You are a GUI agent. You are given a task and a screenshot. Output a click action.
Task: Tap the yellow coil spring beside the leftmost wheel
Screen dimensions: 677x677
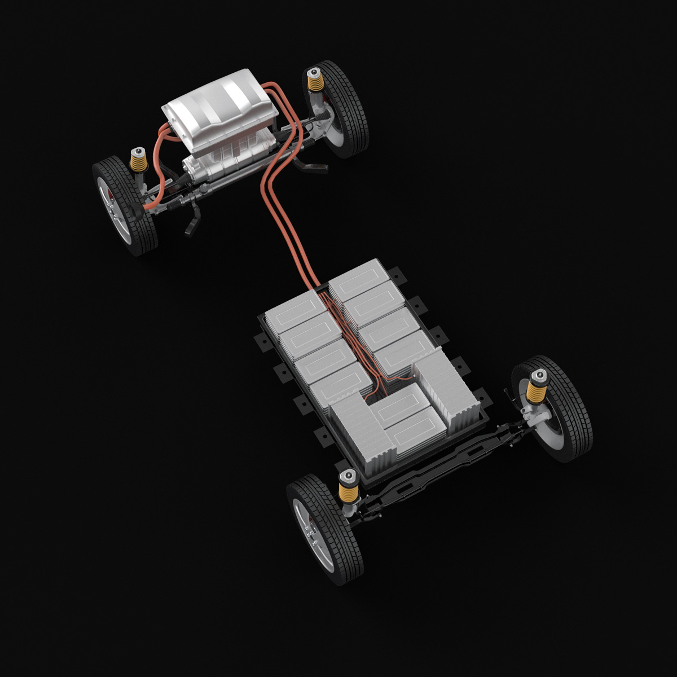[137, 162]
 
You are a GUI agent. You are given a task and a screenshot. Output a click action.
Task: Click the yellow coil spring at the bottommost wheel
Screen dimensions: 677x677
[348, 487]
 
